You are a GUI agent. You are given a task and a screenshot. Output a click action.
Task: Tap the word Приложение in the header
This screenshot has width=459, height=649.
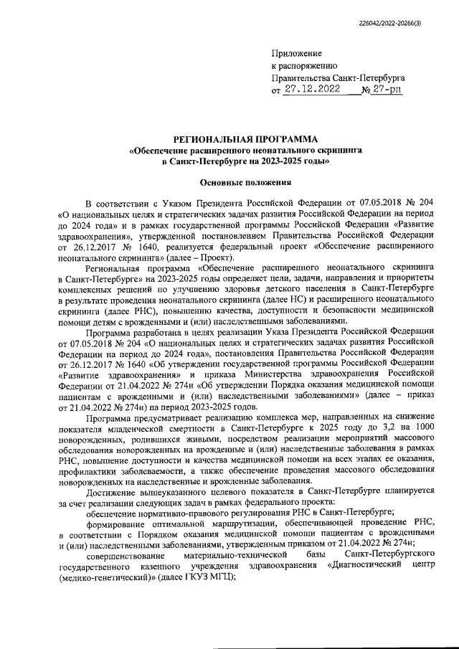pyautogui.click(x=297, y=54)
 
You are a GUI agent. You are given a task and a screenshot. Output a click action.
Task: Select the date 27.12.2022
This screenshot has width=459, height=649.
pyautogui.click(x=315, y=90)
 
